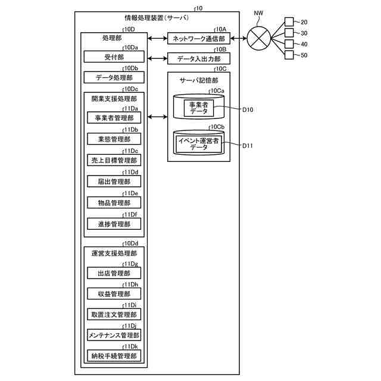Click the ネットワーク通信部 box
198,39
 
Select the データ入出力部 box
198,58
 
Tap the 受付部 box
114,57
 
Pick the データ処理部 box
114,77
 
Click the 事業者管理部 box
114,118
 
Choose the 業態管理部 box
114,139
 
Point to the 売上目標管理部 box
114,160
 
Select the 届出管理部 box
114,182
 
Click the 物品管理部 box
114,203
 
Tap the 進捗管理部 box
114,224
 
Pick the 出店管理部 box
114,273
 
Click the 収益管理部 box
114,293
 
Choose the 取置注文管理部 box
114,314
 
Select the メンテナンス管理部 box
114,335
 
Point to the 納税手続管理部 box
114,356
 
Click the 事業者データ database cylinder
199,107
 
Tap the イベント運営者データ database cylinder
199,143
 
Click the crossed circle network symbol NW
258,39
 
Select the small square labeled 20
289,22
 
